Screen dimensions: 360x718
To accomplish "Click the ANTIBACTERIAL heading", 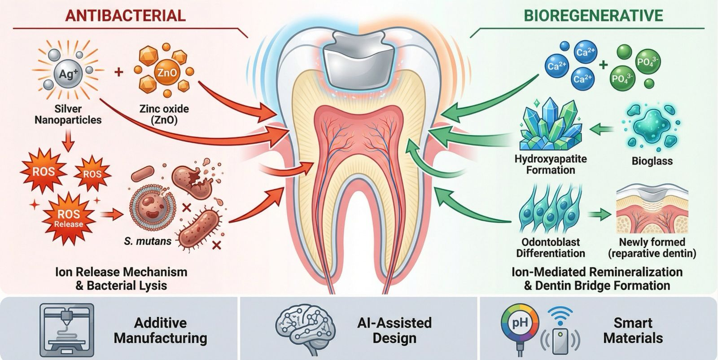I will click(125, 15).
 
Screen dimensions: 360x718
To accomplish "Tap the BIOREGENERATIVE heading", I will click(593, 15).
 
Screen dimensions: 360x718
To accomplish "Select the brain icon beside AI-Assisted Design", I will click(306, 330).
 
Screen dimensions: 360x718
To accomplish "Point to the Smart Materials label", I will click(633, 330).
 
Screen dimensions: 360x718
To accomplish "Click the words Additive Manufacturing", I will click(160, 330).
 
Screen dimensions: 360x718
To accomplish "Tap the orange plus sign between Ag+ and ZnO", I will click(118, 71).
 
